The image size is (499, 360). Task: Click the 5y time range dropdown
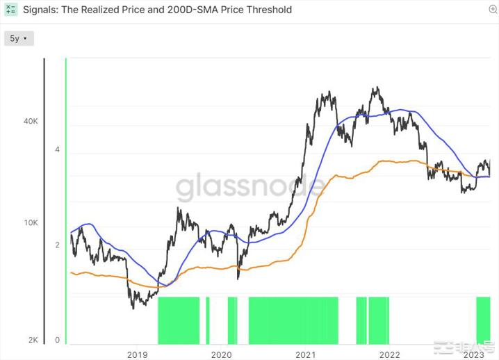pos(19,39)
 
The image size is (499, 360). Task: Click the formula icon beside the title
pos(11,10)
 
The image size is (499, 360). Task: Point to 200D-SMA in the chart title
pos(192,10)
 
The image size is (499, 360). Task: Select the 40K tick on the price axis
pos(31,121)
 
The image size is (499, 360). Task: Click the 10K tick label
pos(31,223)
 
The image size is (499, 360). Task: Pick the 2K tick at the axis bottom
pos(33,340)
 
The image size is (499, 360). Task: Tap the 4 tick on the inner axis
pos(57,150)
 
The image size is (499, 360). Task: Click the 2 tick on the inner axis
pos(57,245)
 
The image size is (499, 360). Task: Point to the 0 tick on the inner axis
pos(57,340)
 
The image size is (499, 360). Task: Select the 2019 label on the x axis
pos(137,354)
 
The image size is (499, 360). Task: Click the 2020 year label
pos(221,354)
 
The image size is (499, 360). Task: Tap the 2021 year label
pos(306,354)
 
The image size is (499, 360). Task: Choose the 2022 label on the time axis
pos(389,354)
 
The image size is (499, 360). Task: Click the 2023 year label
pos(474,354)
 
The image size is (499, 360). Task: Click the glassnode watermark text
pos(250,187)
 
